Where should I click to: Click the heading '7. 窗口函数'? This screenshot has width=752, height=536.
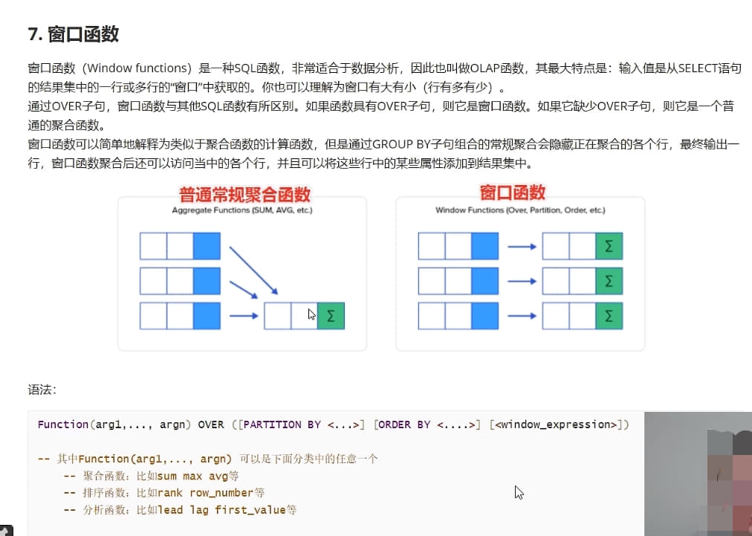tap(73, 34)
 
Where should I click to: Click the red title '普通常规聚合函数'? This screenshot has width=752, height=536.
tap(244, 195)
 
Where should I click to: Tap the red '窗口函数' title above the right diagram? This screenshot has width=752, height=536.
tap(513, 193)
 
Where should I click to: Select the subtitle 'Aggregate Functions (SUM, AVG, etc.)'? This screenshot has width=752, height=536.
tap(242, 210)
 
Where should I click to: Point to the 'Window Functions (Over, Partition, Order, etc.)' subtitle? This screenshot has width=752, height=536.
tap(520, 210)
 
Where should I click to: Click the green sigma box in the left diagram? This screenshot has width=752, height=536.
tap(331, 316)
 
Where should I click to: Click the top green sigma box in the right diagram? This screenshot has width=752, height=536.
tap(609, 246)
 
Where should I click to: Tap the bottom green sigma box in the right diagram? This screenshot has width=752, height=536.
tap(609, 316)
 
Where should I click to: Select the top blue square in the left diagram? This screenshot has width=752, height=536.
tap(207, 246)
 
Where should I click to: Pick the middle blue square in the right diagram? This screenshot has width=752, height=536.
tap(484, 281)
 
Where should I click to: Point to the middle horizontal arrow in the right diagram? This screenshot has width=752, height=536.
tap(522, 281)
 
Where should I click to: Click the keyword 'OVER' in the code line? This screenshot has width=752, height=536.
tap(210, 424)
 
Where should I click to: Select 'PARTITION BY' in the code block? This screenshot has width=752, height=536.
tap(282, 424)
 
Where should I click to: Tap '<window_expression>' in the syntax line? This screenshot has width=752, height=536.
tap(559, 424)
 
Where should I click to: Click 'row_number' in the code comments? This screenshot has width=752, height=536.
tap(221, 492)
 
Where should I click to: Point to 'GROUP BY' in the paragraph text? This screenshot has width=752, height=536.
tap(399, 143)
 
